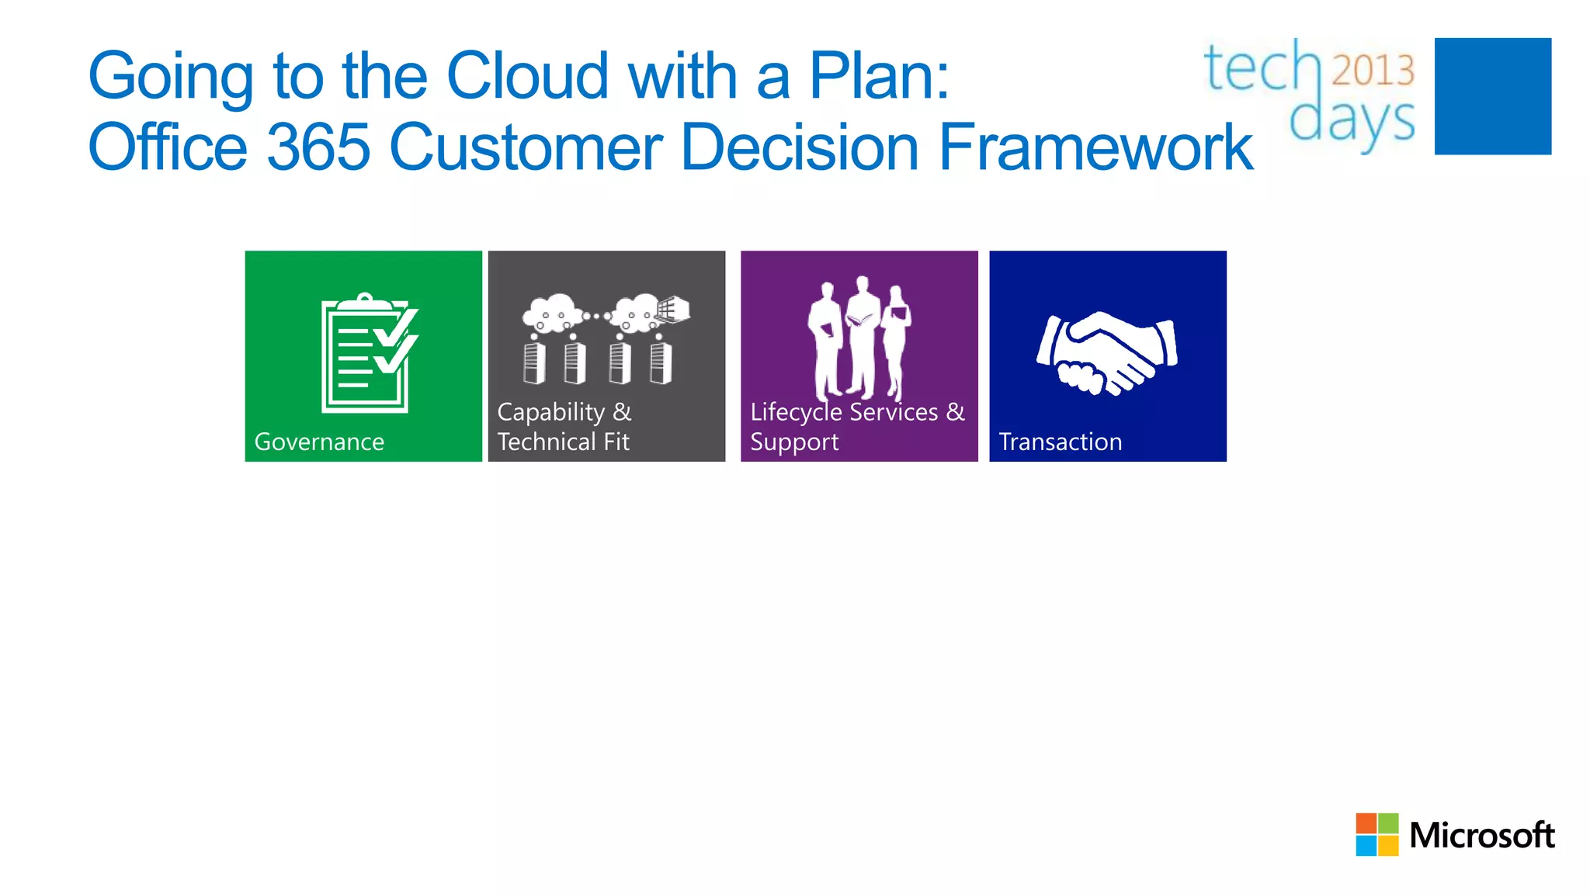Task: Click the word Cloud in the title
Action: [x=527, y=76]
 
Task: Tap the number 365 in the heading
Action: [x=319, y=147]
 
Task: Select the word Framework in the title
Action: [x=1095, y=147]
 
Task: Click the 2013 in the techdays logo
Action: [x=1373, y=70]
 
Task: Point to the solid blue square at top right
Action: [x=1492, y=96]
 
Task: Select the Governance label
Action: [x=319, y=442]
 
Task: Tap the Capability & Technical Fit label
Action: [x=564, y=427]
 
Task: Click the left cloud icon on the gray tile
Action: [x=552, y=313]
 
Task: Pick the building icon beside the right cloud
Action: [x=673, y=309]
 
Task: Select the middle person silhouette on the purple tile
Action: [x=862, y=338]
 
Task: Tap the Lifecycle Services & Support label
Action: [x=857, y=427]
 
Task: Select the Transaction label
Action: [x=1060, y=442]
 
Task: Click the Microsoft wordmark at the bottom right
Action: [x=1481, y=836]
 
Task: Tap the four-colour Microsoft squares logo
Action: [x=1376, y=834]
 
